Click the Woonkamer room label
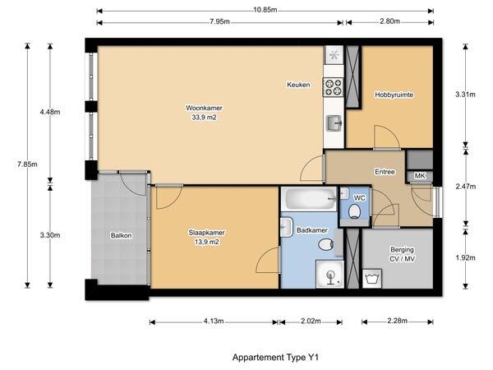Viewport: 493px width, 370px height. (x=204, y=108)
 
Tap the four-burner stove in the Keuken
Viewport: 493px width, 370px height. (x=334, y=87)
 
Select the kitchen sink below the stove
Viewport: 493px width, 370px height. (x=334, y=123)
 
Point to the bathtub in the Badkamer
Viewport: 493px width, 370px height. (x=309, y=199)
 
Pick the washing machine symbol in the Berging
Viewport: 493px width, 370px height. (x=372, y=279)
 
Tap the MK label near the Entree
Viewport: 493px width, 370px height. (x=420, y=176)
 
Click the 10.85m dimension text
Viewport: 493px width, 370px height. (x=265, y=10)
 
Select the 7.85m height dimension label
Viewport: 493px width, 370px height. (x=27, y=164)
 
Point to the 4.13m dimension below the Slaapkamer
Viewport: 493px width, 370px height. (x=214, y=321)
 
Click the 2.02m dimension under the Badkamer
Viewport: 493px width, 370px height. (x=311, y=321)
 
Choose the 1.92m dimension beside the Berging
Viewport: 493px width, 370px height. (x=466, y=257)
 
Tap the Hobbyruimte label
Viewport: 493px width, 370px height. (x=394, y=95)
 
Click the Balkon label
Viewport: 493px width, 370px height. (x=121, y=235)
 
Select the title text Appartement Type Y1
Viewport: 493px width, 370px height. (x=276, y=358)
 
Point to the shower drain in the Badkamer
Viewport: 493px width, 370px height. (x=330, y=275)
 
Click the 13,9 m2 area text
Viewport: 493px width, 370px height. (x=206, y=242)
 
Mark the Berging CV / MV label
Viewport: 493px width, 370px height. (x=402, y=254)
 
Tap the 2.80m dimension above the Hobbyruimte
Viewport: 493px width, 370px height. (x=389, y=21)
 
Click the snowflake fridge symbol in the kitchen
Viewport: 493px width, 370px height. (x=334, y=55)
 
